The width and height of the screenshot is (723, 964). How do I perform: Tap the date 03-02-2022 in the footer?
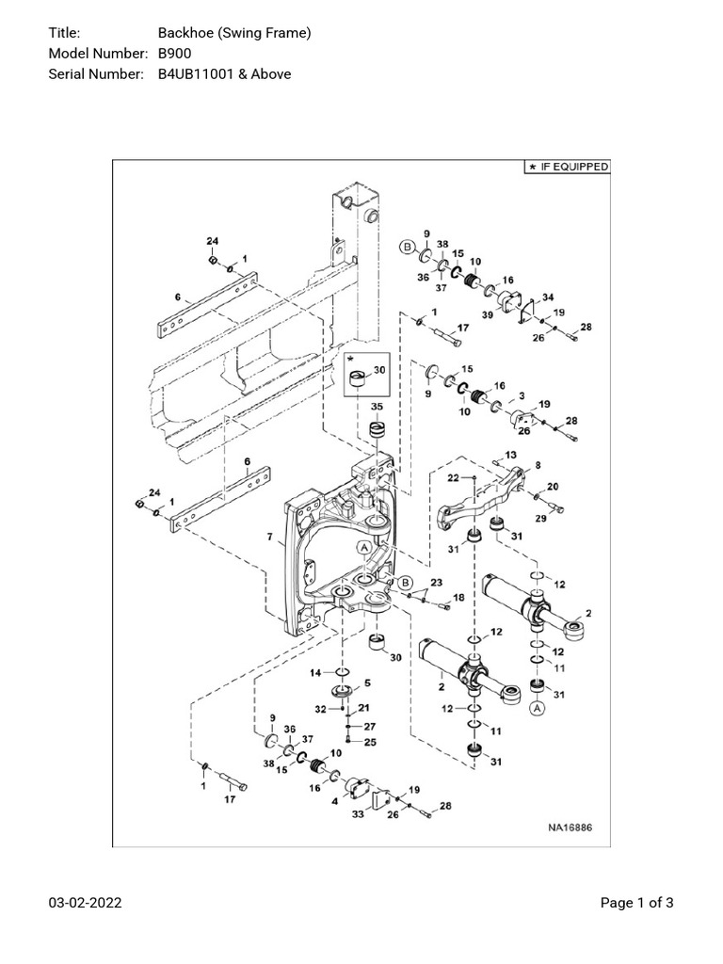point(85,904)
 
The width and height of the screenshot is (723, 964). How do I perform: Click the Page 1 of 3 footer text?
point(637,904)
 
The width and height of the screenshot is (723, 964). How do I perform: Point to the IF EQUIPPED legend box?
point(567,167)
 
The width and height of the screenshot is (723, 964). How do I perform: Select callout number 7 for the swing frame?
point(269,538)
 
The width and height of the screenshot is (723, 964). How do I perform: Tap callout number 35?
point(377,407)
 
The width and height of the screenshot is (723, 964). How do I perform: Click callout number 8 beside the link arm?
point(538,465)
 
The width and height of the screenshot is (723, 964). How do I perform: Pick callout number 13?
point(511,455)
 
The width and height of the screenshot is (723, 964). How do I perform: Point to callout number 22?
point(454,478)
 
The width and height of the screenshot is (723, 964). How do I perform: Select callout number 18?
point(458,598)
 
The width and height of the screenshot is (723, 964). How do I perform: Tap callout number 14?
point(317,672)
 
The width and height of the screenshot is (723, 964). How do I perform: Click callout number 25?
point(370,743)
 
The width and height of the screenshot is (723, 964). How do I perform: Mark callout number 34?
point(548,297)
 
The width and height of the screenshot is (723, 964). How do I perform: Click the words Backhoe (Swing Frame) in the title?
point(234,34)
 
